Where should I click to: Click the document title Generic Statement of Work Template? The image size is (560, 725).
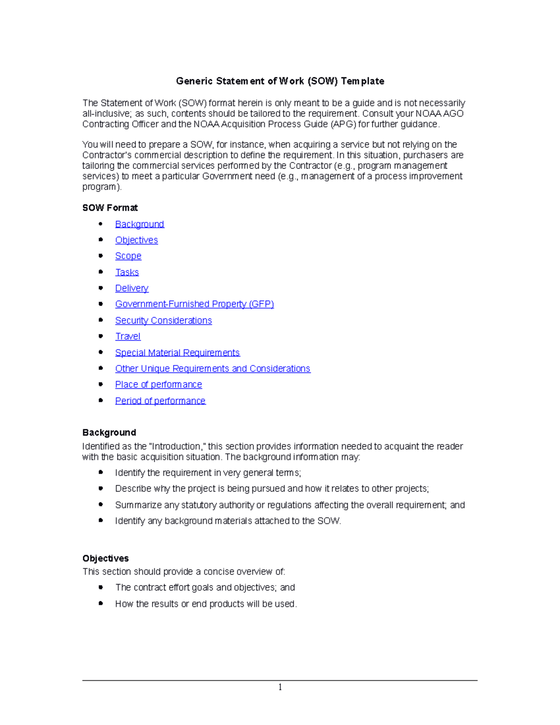pyautogui.click(x=280, y=81)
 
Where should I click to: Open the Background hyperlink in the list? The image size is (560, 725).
pyautogui.click(x=140, y=224)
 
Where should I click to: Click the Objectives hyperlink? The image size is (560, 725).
pyautogui.click(x=136, y=240)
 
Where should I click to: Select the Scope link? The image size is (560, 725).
pyautogui.click(x=128, y=256)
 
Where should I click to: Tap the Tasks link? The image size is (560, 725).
pyautogui.click(x=127, y=272)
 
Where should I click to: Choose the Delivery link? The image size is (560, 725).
pyautogui.click(x=132, y=288)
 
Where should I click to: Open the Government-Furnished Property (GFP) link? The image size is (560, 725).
pyautogui.click(x=194, y=304)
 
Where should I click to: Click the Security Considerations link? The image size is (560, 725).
pyautogui.click(x=163, y=320)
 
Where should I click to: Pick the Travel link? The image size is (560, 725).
pyautogui.click(x=128, y=336)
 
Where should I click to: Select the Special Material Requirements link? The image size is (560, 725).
pyautogui.click(x=177, y=352)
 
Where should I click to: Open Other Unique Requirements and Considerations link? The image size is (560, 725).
pyautogui.click(x=212, y=368)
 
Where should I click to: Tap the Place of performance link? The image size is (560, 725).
pyautogui.click(x=158, y=384)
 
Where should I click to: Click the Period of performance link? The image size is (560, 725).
pyautogui.click(x=160, y=401)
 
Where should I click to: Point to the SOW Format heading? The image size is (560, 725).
pyautogui.click(x=110, y=208)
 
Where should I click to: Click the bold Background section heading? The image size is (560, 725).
pyautogui.click(x=109, y=432)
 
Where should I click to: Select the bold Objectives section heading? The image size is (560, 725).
pyautogui.click(x=105, y=558)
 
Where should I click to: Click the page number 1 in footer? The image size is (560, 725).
pyautogui.click(x=280, y=687)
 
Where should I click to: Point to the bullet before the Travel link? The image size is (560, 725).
pyautogui.click(x=101, y=336)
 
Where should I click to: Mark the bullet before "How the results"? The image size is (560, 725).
pyautogui.click(x=101, y=603)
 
